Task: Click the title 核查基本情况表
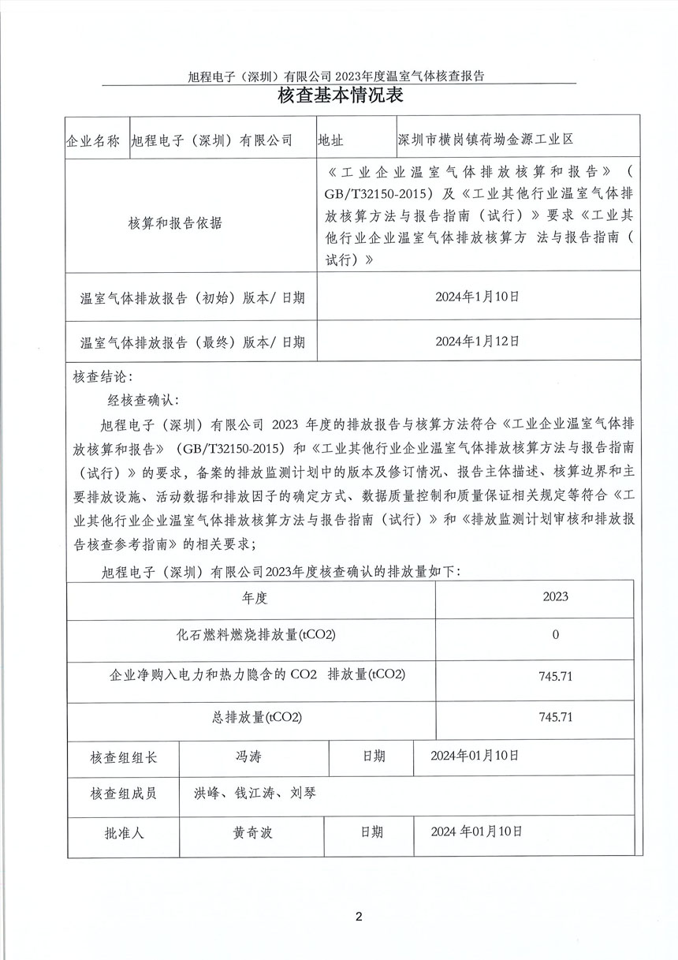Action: (x=340, y=97)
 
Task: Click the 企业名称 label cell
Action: (x=93, y=140)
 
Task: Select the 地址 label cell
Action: (x=330, y=140)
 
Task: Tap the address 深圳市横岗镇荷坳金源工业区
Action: (x=486, y=140)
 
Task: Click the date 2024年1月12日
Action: (x=478, y=341)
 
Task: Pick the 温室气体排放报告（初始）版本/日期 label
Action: (x=192, y=298)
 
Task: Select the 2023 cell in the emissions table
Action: (x=555, y=597)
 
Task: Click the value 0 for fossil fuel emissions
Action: (x=555, y=635)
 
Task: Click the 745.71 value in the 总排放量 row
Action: (x=555, y=717)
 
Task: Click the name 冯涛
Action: (x=248, y=756)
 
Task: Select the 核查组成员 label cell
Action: (x=124, y=793)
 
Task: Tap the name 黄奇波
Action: (x=252, y=832)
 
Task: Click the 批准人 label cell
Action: (x=124, y=832)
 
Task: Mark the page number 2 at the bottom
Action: (x=359, y=917)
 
